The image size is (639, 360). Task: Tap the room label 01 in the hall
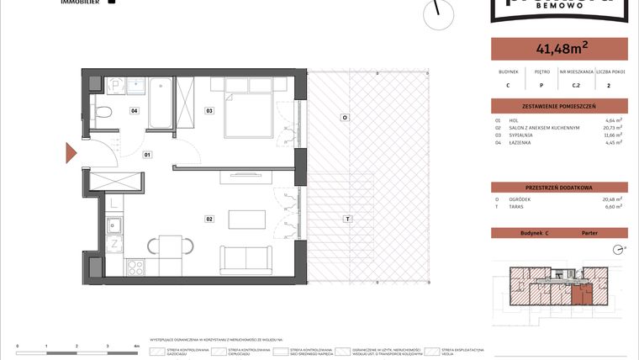(146, 156)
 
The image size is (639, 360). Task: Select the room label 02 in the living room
(209, 219)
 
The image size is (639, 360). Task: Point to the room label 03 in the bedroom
(209, 110)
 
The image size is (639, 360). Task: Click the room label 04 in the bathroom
(134, 110)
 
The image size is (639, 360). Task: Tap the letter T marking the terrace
(345, 219)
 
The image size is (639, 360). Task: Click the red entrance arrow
(72, 155)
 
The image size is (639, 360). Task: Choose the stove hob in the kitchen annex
(135, 267)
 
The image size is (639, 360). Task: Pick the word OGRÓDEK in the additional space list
(521, 199)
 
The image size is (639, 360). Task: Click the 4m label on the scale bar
(136, 346)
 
